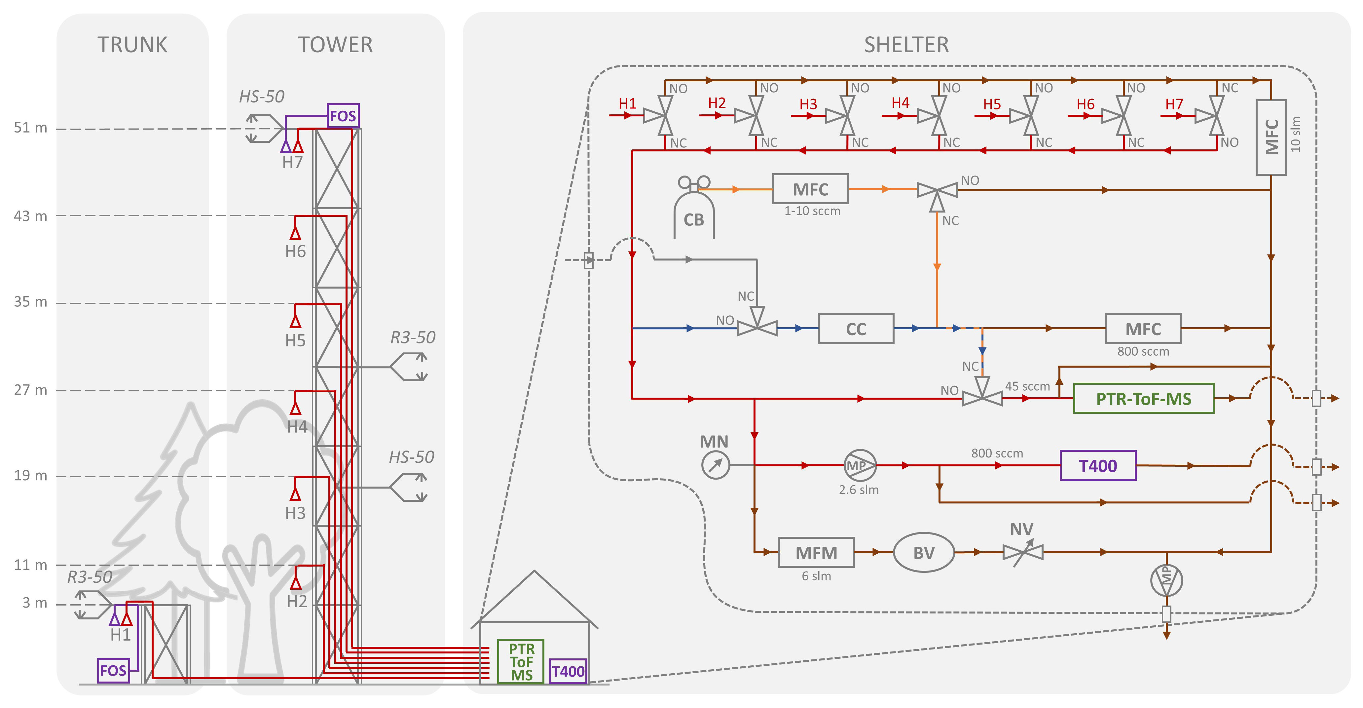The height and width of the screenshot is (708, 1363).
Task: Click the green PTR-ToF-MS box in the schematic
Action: click(x=1143, y=398)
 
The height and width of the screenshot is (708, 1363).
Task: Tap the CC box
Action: click(x=856, y=329)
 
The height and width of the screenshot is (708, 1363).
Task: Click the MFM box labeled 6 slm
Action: click(x=816, y=552)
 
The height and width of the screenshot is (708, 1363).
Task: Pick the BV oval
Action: click(x=924, y=552)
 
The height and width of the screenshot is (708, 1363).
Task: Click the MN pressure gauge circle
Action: click(x=716, y=465)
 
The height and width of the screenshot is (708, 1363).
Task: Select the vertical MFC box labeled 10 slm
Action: click(x=1271, y=137)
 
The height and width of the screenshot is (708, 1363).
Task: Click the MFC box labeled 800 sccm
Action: click(x=1142, y=329)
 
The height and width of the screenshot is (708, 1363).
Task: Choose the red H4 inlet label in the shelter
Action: click(x=900, y=103)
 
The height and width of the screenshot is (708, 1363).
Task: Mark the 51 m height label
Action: click(x=30, y=128)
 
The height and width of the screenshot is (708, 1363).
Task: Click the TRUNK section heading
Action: click(x=132, y=45)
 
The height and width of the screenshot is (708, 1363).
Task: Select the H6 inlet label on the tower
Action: click(x=295, y=251)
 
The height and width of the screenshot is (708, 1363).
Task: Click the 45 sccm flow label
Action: click(x=1027, y=386)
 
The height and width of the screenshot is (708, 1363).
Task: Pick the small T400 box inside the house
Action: click(x=568, y=671)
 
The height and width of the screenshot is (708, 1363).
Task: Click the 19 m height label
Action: click(x=30, y=476)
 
